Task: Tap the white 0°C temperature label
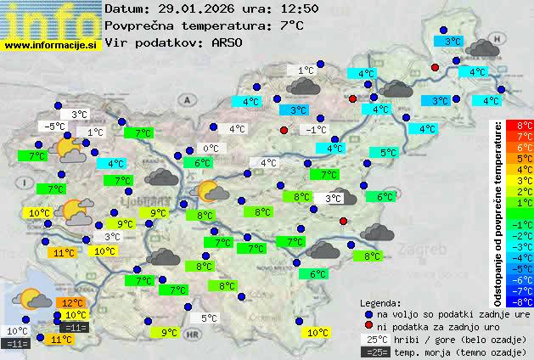[x=210, y=149]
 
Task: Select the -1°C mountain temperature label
[x=317, y=129]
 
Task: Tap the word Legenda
[x=380, y=302]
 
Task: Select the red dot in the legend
[x=368, y=326]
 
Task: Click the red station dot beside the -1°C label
[x=284, y=130]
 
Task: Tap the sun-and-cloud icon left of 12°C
[x=35, y=299]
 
